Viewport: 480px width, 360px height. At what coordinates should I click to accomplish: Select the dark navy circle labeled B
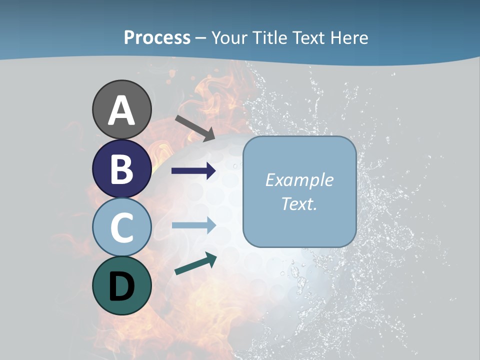121,168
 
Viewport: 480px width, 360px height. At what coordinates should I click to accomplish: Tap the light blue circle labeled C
121,227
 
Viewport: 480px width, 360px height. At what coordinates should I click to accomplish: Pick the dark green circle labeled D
121,285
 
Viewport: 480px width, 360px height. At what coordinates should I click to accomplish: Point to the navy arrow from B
193,171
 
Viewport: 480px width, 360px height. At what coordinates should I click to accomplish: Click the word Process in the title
157,37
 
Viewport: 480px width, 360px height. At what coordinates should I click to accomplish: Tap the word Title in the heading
269,37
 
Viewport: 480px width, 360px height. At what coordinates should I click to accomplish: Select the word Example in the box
299,180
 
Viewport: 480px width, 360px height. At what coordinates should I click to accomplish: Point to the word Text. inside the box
299,204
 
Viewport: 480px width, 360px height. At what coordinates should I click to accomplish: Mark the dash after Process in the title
201,38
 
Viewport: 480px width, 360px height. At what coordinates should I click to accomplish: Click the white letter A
121,110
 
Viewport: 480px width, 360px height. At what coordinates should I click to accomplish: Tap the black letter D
121,287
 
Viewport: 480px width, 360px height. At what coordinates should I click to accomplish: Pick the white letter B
121,169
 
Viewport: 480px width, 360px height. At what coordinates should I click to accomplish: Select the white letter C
121,227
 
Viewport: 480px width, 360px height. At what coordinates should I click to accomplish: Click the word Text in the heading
309,37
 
